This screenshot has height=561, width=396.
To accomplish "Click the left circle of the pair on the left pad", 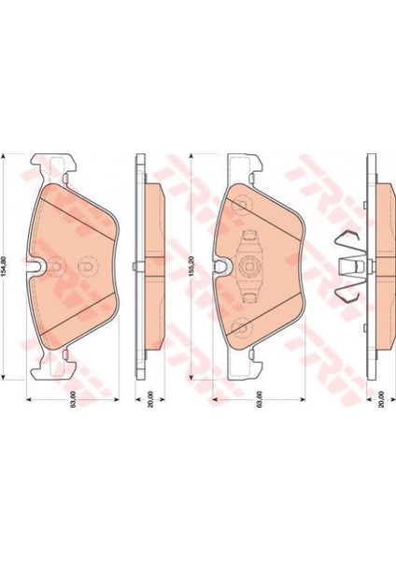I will [x=56, y=264].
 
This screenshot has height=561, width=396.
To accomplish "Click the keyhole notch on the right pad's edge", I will [x=221, y=269].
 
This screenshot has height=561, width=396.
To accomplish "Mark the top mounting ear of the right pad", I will [x=238, y=168].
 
